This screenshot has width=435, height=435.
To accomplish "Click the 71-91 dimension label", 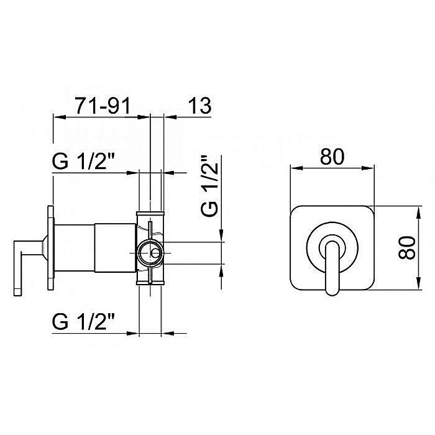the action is [x=103, y=106].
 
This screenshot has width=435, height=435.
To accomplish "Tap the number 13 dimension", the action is [x=199, y=106].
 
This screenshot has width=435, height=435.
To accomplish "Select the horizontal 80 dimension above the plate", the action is [x=332, y=157].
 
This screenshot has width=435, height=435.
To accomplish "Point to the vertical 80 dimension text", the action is [x=407, y=247].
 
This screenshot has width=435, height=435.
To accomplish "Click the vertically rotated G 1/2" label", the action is [x=210, y=186].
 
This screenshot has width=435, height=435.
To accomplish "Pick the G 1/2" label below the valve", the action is [x=83, y=321].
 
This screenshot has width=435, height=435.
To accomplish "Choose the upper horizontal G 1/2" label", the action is [x=83, y=161].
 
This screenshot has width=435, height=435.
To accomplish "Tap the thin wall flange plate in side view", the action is [x=51, y=248].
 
